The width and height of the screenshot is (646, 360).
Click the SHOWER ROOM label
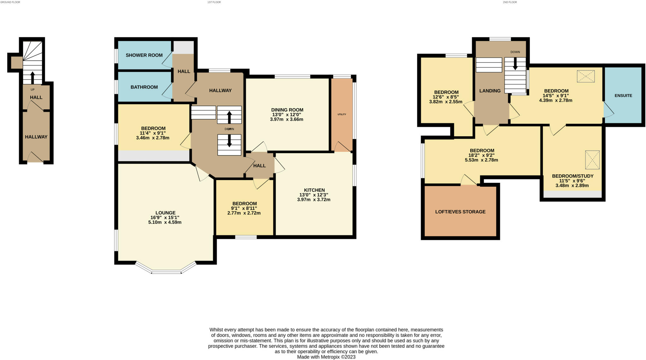(144, 55)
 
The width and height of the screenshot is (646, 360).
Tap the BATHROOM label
(144, 87)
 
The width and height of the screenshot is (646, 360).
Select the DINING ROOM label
(287, 110)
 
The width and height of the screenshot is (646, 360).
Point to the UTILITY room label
(342, 114)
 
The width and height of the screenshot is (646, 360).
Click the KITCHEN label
(314, 190)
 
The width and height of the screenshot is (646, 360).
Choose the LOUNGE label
(165, 213)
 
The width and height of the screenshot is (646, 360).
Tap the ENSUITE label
(623, 96)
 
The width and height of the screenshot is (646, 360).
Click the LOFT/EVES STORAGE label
(460, 212)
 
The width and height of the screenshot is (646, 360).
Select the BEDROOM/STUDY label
(573, 176)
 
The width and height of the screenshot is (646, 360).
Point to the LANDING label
(490, 91)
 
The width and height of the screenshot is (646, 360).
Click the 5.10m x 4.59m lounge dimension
(165, 222)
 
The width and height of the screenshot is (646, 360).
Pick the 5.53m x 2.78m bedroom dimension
(481, 160)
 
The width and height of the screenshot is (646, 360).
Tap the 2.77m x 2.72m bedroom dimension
(244, 213)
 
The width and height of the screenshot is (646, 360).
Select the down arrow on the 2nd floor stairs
(515, 63)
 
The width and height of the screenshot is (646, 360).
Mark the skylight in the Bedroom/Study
(592, 160)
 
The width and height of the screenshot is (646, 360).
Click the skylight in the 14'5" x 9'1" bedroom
(586, 76)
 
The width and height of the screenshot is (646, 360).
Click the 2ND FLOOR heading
(510, 2)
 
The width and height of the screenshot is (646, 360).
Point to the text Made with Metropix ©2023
(326, 357)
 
